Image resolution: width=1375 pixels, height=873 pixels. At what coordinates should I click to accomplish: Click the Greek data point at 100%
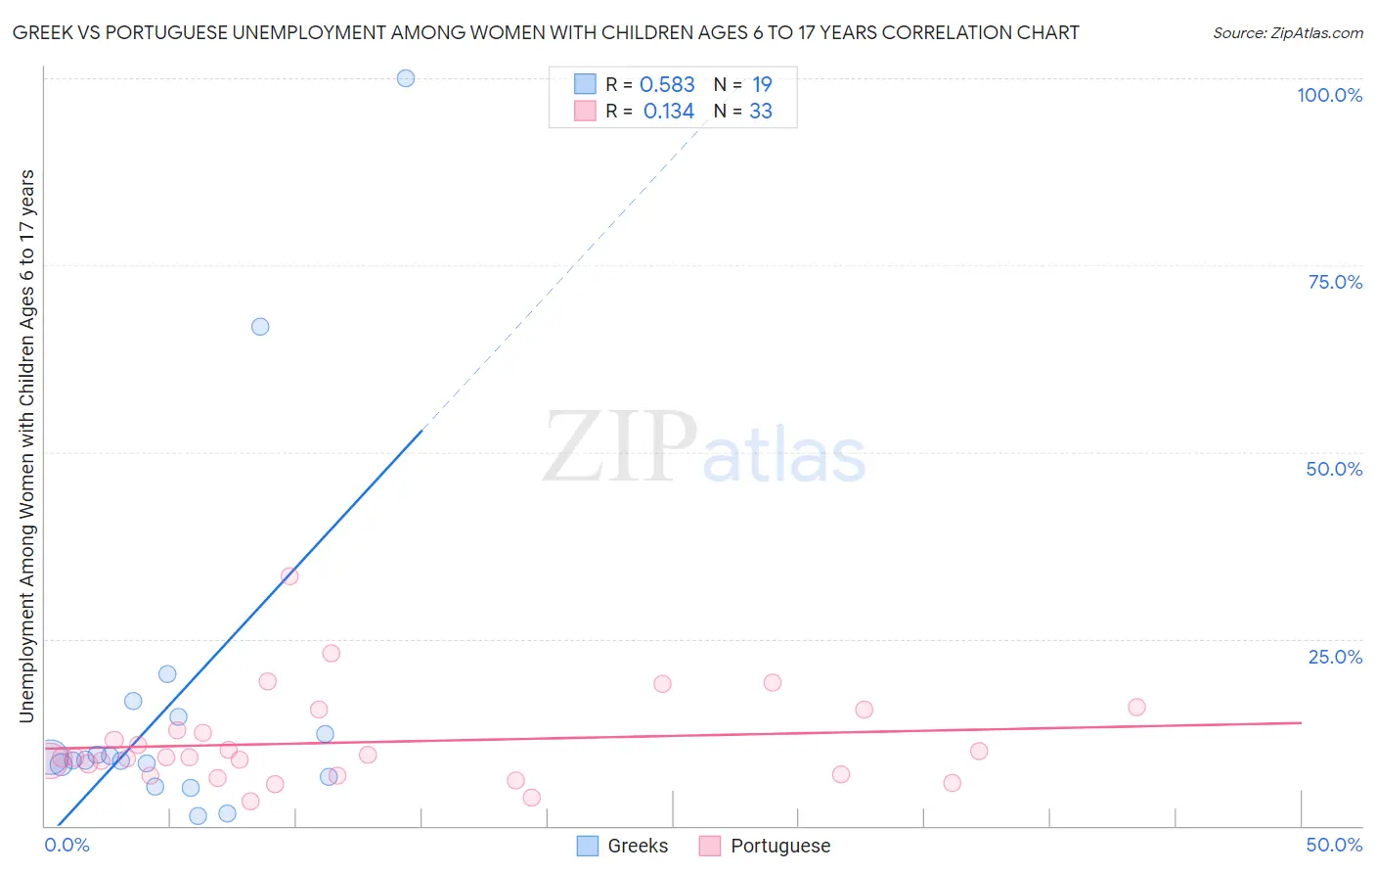pyautogui.click(x=406, y=78)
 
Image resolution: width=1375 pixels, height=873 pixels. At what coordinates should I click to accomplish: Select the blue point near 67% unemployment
pyautogui.click(x=260, y=327)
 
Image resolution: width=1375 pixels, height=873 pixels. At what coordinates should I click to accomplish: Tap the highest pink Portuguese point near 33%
pyautogui.click(x=289, y=576)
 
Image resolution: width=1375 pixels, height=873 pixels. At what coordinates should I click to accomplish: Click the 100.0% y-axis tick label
pyautogui.click(x=1329, y=95)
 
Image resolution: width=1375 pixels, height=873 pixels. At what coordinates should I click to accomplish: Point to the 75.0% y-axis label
pyautogui.click(x=1335, y=282)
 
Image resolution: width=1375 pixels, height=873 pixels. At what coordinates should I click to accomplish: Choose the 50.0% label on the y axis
pyautogui.click(x=1334, y=469)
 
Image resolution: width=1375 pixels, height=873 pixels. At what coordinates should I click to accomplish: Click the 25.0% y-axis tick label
pyautogui.click(x=1335, y=657)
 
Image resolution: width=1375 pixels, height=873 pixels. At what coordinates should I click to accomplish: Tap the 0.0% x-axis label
pyautogui.click(x=67, y=845)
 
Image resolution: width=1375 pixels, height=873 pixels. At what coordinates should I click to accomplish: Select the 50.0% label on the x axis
pyautogui.click(x=1334, y=845)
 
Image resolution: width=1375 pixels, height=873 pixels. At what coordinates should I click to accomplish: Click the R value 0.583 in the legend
pyautogui.click(x=667, y=85)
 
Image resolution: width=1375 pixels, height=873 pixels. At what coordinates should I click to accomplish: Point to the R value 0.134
pyautogui.click(x=669, y=112)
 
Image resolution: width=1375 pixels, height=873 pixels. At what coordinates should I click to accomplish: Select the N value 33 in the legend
pyautogui.click(x=761, y=112)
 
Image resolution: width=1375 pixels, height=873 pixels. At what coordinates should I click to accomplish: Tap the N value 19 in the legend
pyautogui.click(x=762, y=85)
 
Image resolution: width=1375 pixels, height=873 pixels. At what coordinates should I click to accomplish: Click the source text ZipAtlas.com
pyautogui.click(x=1288, y=33)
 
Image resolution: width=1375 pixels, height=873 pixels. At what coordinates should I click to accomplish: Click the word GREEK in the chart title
pyautogui.click(x=40, y=32)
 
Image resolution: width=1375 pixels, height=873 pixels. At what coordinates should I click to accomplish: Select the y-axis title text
pyautogui.click(x=27, y=446)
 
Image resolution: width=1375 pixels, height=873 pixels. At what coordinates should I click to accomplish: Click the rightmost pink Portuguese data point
pyautogui.click(x=1136, y=707)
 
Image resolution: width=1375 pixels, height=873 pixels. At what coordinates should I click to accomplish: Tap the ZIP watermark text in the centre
pyautogui.click(x=620, y=448)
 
